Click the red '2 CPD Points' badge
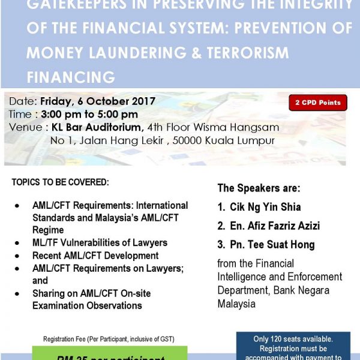point(317,103)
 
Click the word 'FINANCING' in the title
point(70,77)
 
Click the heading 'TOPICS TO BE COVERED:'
point(60,182)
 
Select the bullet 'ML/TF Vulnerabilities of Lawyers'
point(100,242)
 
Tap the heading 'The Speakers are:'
point(259,188)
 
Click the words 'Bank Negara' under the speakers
point(310,290)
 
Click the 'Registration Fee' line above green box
point(109,339)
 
